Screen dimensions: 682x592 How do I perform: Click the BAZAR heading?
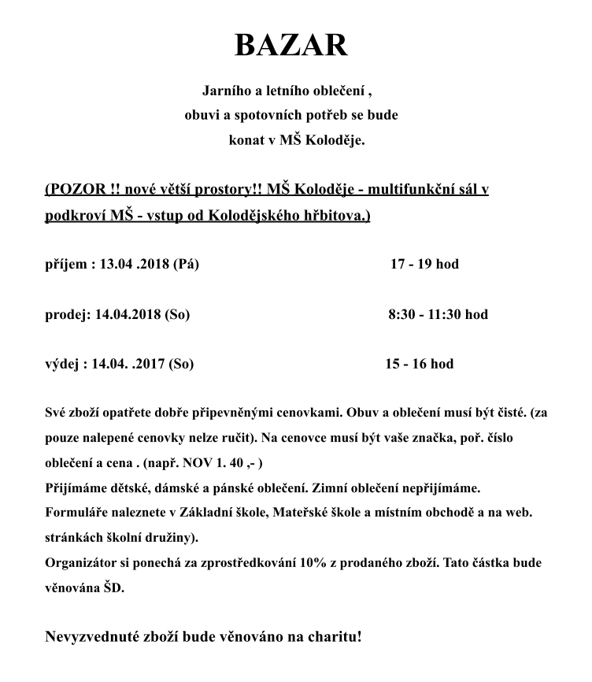290,46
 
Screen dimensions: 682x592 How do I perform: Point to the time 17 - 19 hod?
424,264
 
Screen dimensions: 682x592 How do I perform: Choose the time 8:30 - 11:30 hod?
438,314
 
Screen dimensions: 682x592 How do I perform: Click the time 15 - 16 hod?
419,364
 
